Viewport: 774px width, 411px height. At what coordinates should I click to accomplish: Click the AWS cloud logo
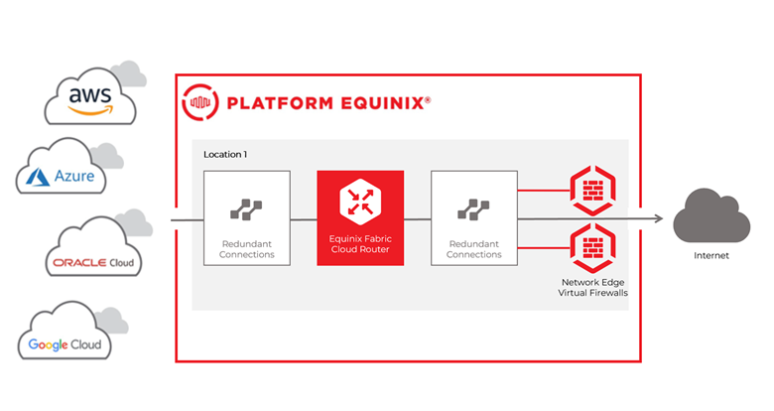click(91, 97)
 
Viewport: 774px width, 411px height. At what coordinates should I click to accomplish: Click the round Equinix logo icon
click(199, 102)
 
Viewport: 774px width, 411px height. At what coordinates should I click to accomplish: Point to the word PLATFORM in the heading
click(280, 103)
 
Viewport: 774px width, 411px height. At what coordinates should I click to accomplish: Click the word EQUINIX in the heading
click(382, 103)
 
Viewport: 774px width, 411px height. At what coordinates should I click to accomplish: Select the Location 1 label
click(225, 155)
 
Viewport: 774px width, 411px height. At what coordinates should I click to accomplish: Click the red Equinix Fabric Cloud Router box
click(360, 217)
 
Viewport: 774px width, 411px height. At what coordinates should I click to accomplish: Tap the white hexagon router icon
click(360, 202)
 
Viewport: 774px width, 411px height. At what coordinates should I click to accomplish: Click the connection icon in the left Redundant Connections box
click(246, 209)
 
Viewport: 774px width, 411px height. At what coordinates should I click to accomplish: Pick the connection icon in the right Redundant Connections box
click(474, 209)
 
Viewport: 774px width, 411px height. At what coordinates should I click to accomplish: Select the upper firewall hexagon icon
click(592, 191)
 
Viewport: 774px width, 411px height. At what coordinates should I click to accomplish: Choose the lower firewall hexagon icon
click(592, 248)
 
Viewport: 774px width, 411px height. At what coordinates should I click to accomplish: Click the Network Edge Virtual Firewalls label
click(592, 288)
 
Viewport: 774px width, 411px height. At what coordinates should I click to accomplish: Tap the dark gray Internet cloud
click(711, 215)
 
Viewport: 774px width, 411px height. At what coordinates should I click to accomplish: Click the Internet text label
click(711, 256)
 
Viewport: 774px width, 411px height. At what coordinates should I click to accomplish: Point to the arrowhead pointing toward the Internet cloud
click(659, 218)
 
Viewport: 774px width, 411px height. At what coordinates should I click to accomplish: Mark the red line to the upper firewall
click(544, 191)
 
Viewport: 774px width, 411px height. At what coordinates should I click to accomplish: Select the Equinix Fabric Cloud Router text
click(360, 244)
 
